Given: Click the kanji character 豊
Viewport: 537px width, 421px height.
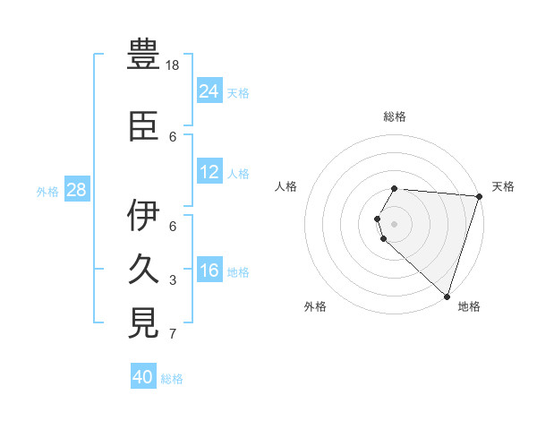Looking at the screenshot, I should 145,55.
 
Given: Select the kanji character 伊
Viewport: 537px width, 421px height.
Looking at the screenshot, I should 145,215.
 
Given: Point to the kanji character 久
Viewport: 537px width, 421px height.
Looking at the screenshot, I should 145,268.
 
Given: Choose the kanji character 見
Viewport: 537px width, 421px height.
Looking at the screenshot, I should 145,322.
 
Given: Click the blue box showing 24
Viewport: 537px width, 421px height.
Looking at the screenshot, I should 209,90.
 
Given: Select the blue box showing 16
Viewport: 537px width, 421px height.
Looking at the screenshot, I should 209,271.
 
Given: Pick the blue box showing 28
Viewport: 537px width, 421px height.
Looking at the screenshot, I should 77,189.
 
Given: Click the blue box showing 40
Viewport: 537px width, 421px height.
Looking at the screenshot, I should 143,377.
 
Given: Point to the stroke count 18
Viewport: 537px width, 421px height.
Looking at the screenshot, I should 174,66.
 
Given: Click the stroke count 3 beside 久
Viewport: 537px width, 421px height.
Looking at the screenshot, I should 173,281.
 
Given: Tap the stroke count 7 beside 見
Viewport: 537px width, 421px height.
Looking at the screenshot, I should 173,335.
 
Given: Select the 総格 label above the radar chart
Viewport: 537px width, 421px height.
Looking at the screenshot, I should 395,116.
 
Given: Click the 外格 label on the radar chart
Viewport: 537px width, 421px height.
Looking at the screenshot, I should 315,306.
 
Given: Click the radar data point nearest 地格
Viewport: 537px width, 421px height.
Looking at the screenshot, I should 447,296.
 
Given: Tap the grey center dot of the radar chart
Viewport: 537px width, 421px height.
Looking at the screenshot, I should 395,223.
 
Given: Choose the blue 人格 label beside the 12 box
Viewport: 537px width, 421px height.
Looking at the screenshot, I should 238,173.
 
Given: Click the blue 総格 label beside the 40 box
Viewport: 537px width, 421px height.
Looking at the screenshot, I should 172,379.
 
